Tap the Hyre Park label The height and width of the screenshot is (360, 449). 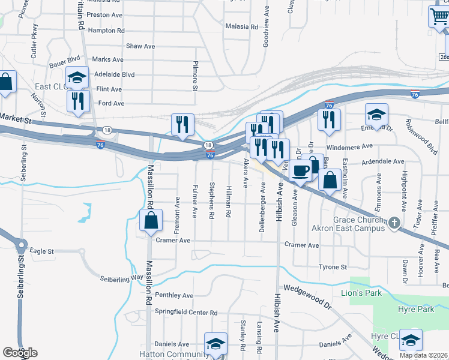[x=416, y=309]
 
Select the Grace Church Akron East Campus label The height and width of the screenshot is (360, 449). [x=348, y=224]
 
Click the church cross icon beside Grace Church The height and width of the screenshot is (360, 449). [x=394, y=224]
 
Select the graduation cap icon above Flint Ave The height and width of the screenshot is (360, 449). [x=77, y=77]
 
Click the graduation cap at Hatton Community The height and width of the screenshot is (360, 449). [x=215, y=344]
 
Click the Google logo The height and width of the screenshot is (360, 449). [x=20, y=353]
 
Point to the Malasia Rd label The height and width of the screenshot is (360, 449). [x=241, y=27]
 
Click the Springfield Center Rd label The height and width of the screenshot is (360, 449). [x=186, y=313]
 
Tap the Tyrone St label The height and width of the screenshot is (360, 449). [x=333, y=267]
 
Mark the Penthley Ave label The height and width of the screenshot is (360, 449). [x=174, y=295]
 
